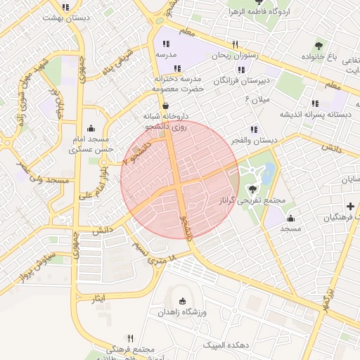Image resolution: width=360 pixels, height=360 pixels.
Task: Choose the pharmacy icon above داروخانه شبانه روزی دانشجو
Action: (x=165, y=105)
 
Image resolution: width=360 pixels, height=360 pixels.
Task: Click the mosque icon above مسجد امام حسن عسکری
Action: (x=91, y=128)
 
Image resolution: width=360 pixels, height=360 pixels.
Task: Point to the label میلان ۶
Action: (x=257, y=101)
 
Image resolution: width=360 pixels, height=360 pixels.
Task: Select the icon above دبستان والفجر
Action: (x=253, y=129)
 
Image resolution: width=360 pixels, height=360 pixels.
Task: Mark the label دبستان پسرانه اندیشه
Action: (x=316, y=114)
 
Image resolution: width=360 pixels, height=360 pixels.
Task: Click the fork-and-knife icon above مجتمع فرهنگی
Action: (x=130, y=338)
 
